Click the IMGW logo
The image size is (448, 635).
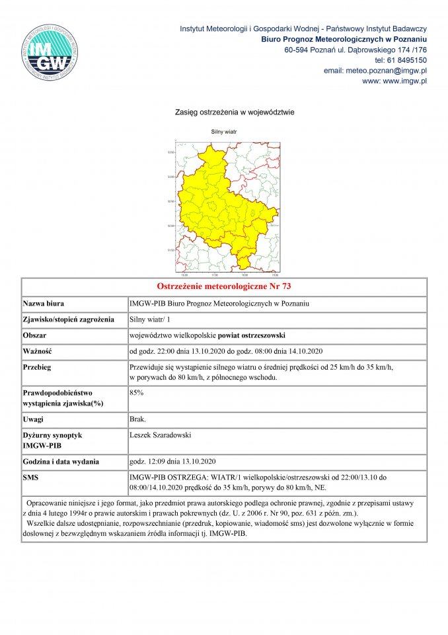point(50,52)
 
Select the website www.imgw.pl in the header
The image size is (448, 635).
point(404,81)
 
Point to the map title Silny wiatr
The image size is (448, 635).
point(224,132)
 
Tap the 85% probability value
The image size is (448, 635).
point(137,392)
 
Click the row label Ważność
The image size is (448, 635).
point(38,351)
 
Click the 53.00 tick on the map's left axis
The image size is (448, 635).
point(170,177)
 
